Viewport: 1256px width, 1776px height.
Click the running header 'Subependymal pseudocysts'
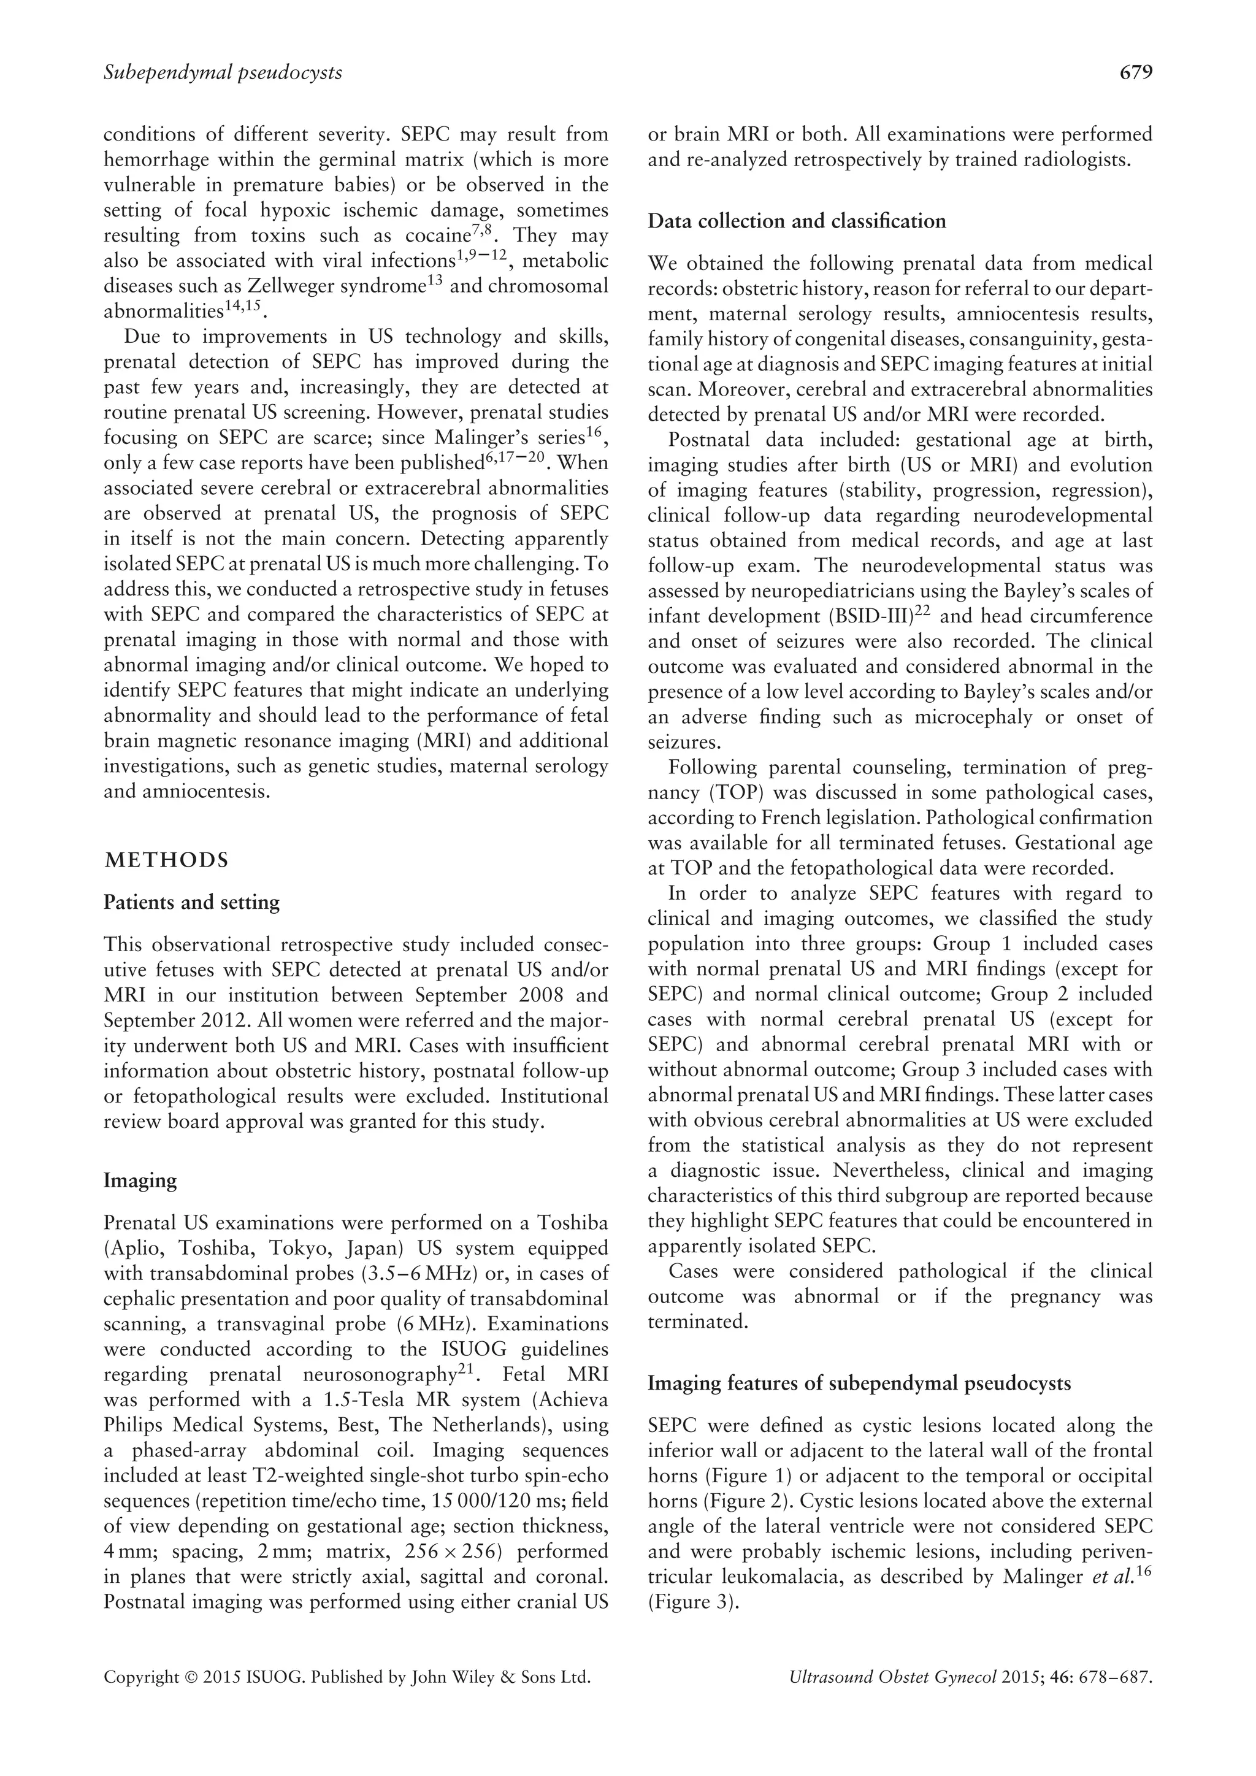[223, 73]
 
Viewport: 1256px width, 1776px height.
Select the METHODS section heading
[166, 860]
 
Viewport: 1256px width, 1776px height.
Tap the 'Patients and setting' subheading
[192, 903]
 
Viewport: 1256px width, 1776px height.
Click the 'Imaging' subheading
[140, 1181]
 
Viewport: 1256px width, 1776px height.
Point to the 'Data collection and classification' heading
[797, 221]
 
